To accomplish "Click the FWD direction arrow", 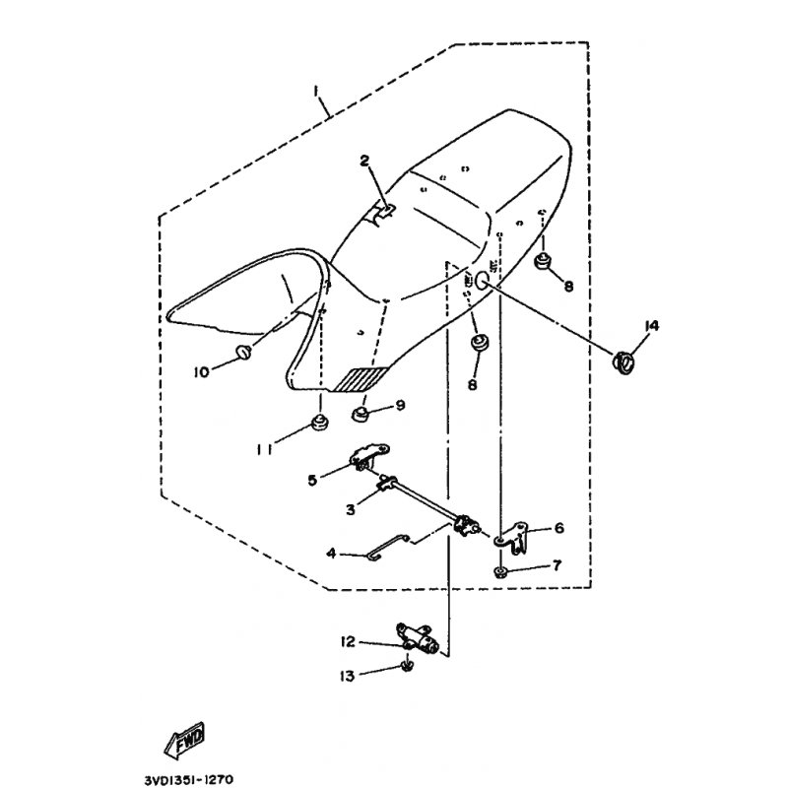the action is (x=185, y=740).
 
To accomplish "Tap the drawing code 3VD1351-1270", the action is (x=189, y=779).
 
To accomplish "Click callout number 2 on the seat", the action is (x=364, y=161).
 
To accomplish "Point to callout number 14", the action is (x=652, y=326).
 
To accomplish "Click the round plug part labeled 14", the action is (x=623, y=361).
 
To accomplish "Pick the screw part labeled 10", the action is (x=243, y=352).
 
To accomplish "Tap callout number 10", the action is (x=201, y=372).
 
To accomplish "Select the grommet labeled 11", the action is (x=317, y=423).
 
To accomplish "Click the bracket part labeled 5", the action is (x=368, y=455).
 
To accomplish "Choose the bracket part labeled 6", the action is (x=512, y=538).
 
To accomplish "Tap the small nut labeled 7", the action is (x=499, y=572).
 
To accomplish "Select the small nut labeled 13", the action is (x=408, y=667).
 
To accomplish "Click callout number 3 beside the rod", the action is (x=351, y=509).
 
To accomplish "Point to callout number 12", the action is (x=348, y=642).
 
